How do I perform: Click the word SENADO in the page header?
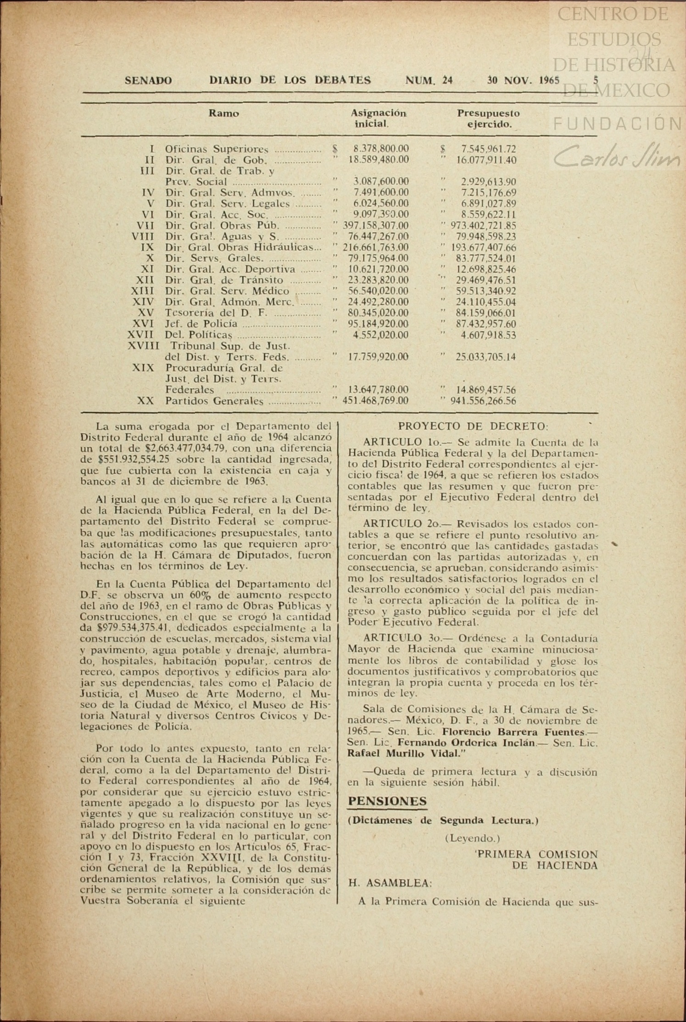coord(148,81)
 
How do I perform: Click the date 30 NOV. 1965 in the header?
coord(523,81)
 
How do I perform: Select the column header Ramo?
coord(223,113)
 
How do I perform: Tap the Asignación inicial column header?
coord(378,118)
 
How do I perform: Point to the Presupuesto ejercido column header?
coord(488,118)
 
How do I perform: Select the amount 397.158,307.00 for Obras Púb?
coord(375,226)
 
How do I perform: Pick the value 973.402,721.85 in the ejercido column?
coord(483,226)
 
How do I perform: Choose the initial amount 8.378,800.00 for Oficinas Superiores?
coord(381,149)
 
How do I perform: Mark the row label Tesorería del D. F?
coord(216,313)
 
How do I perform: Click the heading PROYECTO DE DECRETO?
coord(473,427)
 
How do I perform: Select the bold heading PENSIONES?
coord(387,802)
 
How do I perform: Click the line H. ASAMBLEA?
coord(390,883)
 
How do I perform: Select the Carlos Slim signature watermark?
coord(617,157)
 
